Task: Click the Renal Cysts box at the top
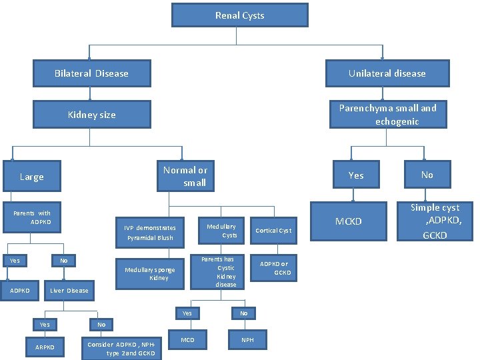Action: (x=239, y=15)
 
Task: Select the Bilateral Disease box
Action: (x=92, y=73)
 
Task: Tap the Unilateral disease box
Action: (x=387, y=73)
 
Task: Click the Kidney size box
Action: (x=92, y=115)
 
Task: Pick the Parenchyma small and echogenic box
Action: (x=387, y=114)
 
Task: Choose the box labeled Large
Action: (x=32, y=177)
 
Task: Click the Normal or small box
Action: (x=185, y=176)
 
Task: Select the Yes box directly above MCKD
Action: (x=356, y=175)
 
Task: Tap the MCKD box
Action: (x=348, y=221)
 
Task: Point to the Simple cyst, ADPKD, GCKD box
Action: (x=435, y=221)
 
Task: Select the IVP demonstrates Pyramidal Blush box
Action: (x=150, y=232)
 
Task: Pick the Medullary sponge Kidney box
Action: (x=150, y=273)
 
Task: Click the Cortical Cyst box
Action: (x=273, y=231)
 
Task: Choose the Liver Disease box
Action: (x=69, y=291)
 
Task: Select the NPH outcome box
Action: (x=247, y=340)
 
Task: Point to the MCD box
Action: (x=187, y=340)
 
